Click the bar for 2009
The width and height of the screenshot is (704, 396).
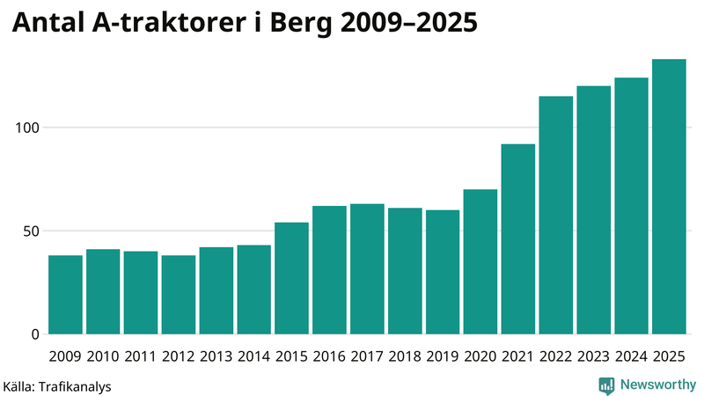[65, 295]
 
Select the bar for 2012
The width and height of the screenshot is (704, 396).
[179, 295]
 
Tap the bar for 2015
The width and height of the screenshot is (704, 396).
[291, 279]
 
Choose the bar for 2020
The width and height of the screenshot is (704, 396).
[480, 262]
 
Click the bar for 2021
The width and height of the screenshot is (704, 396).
[518, 239]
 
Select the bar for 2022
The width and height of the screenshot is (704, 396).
[556, 216]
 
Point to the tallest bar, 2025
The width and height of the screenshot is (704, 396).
[669, 197]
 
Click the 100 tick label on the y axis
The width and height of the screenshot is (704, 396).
[28, 128]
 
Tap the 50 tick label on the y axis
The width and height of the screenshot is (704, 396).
[32, 231]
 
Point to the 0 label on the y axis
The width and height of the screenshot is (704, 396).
[36, 334]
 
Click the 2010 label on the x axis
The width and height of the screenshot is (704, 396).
[103, 356]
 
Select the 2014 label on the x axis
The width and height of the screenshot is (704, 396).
[253, 356]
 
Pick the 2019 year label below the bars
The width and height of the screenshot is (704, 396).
[443, 356]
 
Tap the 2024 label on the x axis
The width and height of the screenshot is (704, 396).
[631, 356]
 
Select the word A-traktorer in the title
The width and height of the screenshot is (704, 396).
[172, 25]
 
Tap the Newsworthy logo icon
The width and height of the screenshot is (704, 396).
[606, 385]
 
